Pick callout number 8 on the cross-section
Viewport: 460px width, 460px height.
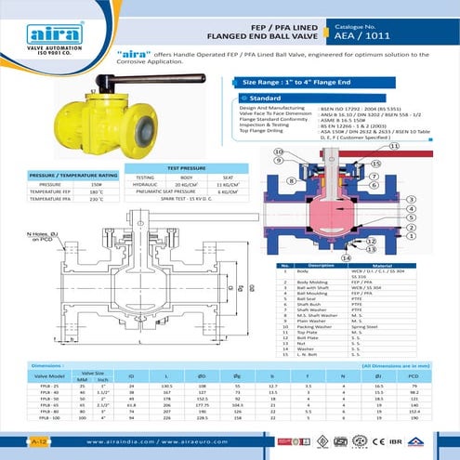coord(289,181)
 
